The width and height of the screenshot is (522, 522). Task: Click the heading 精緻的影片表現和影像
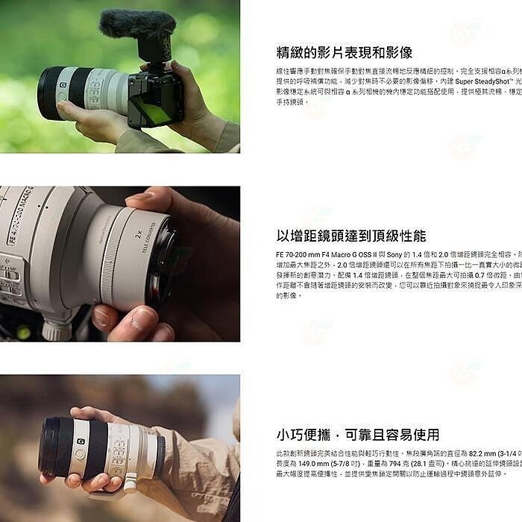(x=344, y=52)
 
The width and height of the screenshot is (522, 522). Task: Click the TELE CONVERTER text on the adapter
(x=148, y=239)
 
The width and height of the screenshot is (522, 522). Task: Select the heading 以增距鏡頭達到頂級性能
(x=350, y=236)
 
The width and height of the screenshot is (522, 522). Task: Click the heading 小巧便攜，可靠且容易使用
(x=357, y=435)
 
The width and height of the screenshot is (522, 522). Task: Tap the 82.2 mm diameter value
(x=482, y=453)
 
